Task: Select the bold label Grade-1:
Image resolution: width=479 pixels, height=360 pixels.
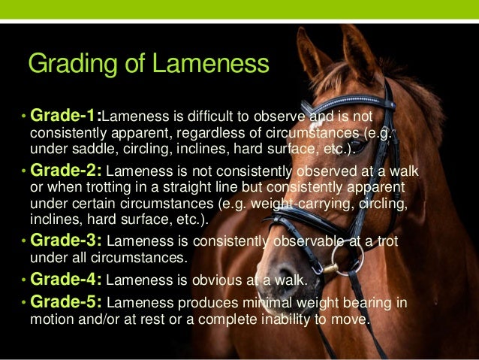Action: pyautogui.click(x=66, y=116)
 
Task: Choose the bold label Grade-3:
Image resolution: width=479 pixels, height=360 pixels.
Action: pyautogui.click(x=67, y=241)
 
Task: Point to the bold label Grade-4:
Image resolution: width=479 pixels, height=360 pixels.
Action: pyautogui.click(x=67, y=280)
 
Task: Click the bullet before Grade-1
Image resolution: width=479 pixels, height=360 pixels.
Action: pyautogui.click(x=24, y=117)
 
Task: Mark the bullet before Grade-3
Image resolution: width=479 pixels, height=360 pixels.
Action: pyautogui.click(x=24, y=242)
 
